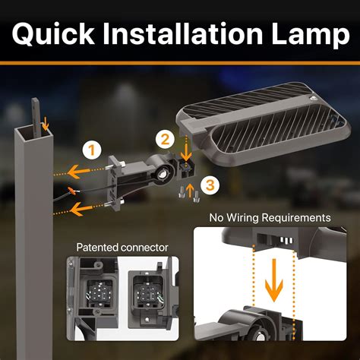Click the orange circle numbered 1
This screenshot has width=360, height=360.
coord(92,150)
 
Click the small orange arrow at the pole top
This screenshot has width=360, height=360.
coord(45,119)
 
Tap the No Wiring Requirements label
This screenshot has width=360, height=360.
coord(270,218)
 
